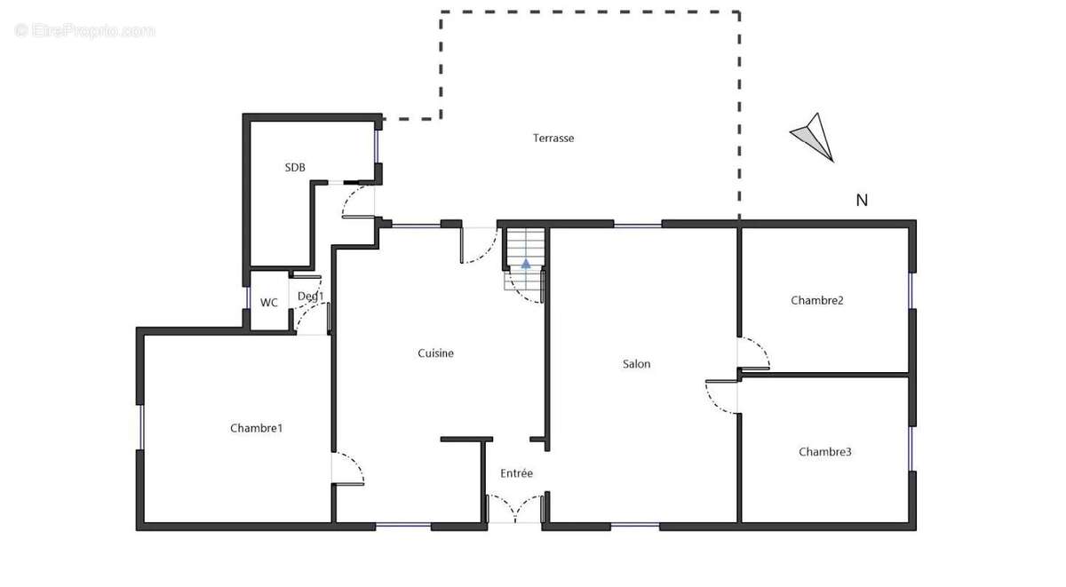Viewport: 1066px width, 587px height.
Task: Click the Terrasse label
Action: point(553,138)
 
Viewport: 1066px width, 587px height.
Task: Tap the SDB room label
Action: point(295,167)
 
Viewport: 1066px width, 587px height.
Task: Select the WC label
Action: point(268,303)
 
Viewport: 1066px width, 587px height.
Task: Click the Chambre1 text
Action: point(256,428)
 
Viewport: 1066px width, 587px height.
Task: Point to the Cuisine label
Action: point(435,353)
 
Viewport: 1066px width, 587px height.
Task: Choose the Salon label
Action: point(636,364)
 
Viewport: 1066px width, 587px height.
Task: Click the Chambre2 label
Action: point(816,300)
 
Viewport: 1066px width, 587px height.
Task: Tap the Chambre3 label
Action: point(824,452)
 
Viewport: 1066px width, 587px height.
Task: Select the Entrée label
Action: point(516,473)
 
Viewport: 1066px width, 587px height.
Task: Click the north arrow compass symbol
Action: point(813,136)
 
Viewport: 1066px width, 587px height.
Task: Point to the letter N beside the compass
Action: point(861,201)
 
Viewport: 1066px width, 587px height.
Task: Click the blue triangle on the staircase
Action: point(526,263)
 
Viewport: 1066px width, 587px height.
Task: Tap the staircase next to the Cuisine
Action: point(524,253)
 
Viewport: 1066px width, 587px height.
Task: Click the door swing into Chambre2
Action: point(754,353)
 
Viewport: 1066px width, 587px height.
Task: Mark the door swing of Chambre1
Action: point(349,468)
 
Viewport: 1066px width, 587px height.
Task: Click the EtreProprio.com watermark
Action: point(85,31)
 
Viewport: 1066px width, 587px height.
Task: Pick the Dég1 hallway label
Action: point(310,297)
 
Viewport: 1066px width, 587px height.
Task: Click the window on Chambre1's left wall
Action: point(139,427)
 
